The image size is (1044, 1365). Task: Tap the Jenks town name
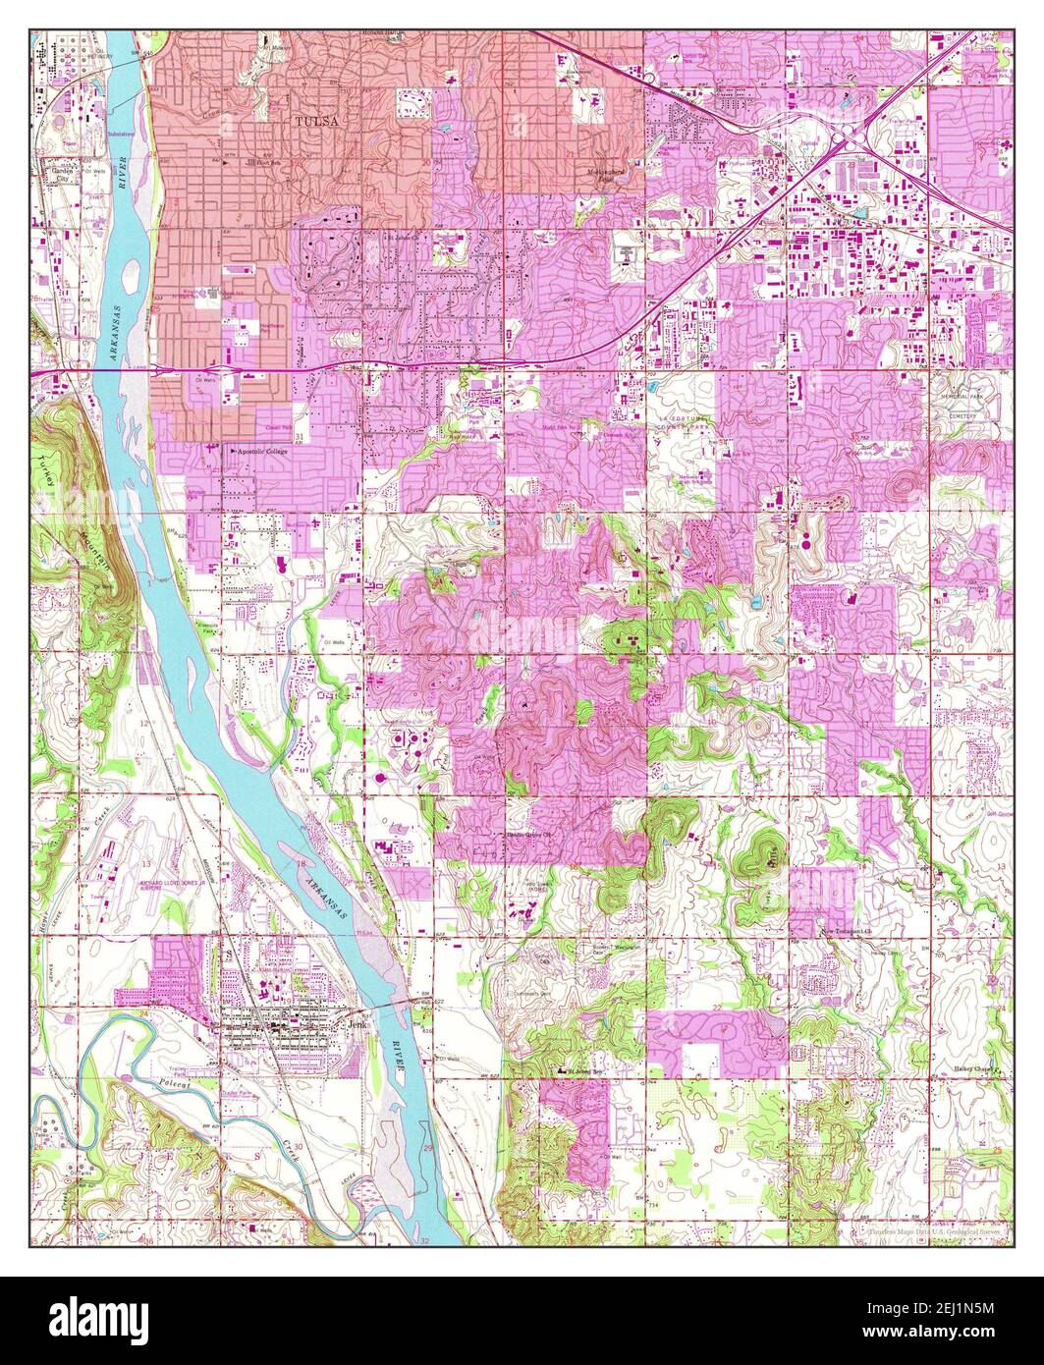pyautogui.click(x=354, y=1022)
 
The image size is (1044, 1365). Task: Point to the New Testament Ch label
pyautogui.click(x=847, y=928)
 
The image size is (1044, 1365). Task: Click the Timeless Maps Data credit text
pyautogui.click(x=928, y=1229)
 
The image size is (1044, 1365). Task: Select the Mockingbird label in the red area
pyautogui.click(x=601, y=173)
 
